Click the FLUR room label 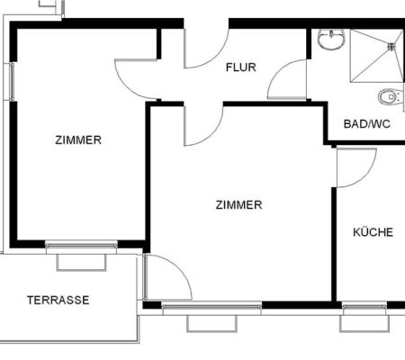241,67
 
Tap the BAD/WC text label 366,124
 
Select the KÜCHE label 373,232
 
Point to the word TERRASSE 58,300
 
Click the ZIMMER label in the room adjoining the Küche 238,205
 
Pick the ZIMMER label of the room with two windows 78,140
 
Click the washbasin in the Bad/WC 331,39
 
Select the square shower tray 377,56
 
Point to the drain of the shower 391,47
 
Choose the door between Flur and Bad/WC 287,79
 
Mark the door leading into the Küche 356,167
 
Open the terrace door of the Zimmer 167,277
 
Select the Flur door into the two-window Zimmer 136,79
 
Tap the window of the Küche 364,306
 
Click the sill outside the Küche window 364,323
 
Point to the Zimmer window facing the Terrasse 81,245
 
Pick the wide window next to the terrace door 211,306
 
